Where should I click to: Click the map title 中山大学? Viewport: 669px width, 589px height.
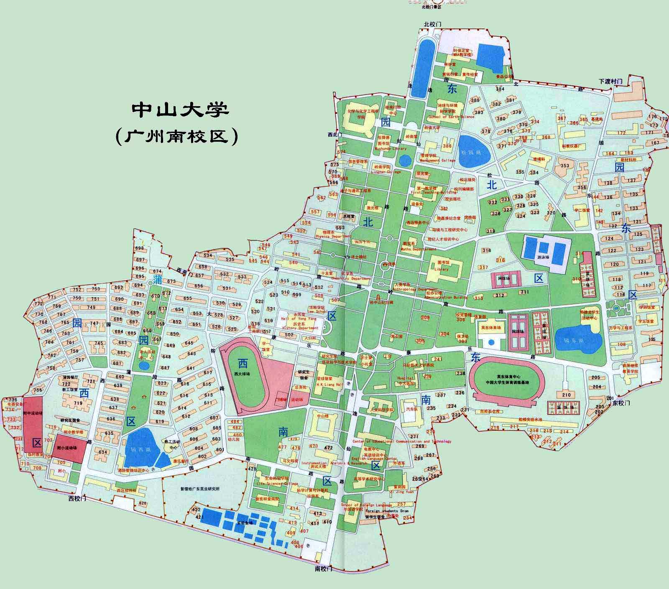click(181, 110)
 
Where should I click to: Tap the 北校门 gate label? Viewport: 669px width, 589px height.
click(432, 24)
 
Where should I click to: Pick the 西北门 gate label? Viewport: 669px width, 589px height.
click(335, 135)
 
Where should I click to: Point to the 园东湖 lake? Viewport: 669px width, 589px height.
click(578, 339)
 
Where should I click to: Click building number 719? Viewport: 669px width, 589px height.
click(78, 403)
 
